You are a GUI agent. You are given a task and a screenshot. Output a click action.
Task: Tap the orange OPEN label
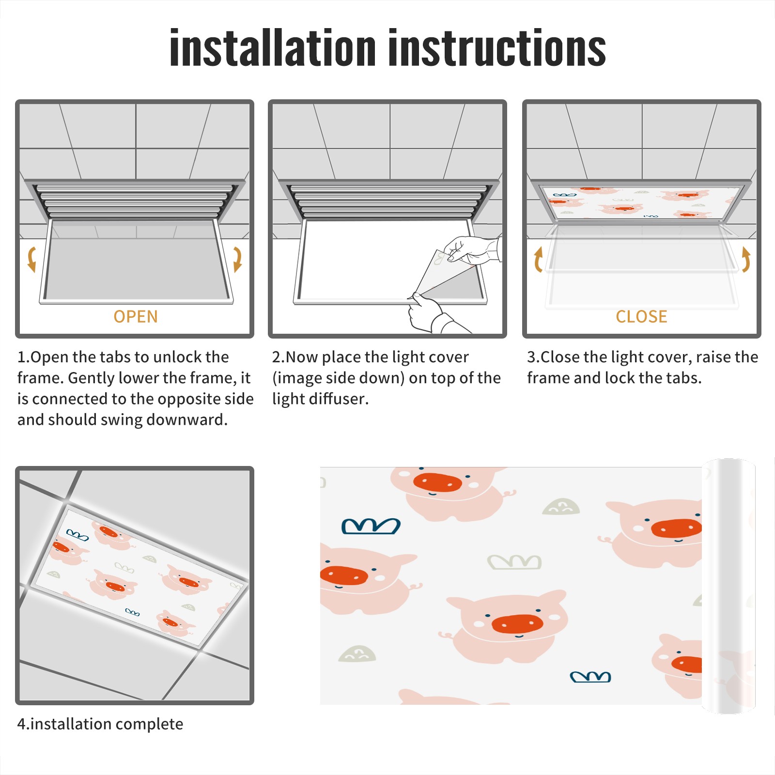pos(136,317)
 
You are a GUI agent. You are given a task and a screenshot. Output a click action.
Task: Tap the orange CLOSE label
pos(641,317)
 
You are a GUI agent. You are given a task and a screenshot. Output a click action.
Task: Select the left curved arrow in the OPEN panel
pos(31,259)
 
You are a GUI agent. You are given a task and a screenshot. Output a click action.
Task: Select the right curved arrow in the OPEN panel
pos(237,259)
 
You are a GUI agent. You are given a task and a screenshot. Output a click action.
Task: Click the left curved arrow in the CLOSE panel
pos(538,259)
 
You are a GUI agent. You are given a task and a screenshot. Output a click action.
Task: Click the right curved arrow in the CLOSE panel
pos(746,259)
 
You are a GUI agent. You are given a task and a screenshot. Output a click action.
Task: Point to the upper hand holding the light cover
pos(472,249)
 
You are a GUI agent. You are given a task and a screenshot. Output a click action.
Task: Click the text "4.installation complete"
pos(100,724)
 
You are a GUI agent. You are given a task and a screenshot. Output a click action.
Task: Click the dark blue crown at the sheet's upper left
pos(371,526)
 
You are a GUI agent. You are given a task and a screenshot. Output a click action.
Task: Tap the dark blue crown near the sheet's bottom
pos(590,677)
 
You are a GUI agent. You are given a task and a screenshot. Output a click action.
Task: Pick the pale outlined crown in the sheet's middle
pos(514,562)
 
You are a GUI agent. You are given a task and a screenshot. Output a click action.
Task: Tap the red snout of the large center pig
pos(517,623)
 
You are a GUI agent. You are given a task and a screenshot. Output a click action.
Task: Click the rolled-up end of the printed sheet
pos(728,586)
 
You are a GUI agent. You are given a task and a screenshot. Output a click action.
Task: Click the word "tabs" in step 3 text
pos(683,378)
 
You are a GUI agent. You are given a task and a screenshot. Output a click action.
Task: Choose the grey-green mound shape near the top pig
pos(561,507)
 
